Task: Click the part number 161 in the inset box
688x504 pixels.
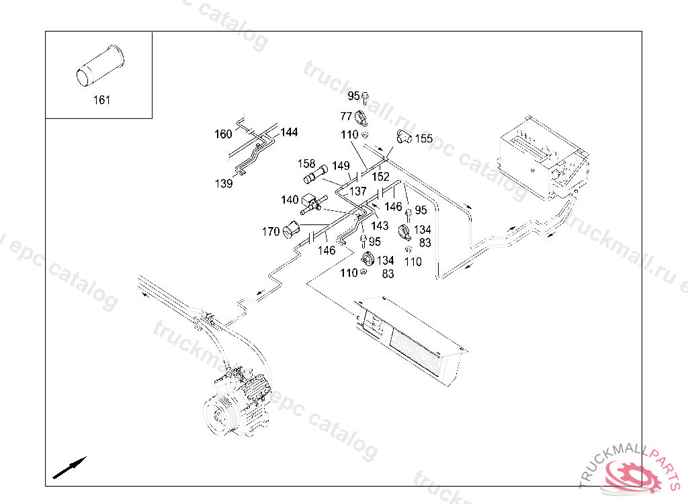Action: coord(101,100)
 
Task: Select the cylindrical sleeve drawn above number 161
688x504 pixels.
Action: coord(98,66)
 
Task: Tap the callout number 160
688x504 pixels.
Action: coord(223,134)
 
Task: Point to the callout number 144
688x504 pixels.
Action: coord(289,132)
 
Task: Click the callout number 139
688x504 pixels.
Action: coord(224,183)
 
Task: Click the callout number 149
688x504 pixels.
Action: coord(341,166)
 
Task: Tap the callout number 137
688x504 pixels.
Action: coord(357,192)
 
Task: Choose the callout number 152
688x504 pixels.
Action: coord(381,177)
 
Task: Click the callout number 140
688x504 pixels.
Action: coord(290,200)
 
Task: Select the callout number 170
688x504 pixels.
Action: coord(271,233)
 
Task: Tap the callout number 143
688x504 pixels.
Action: coord(380,226)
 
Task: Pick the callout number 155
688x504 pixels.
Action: coord(423,139)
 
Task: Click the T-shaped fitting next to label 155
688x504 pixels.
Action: coord(404,136)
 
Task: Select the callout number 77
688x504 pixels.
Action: coord(346,116)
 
